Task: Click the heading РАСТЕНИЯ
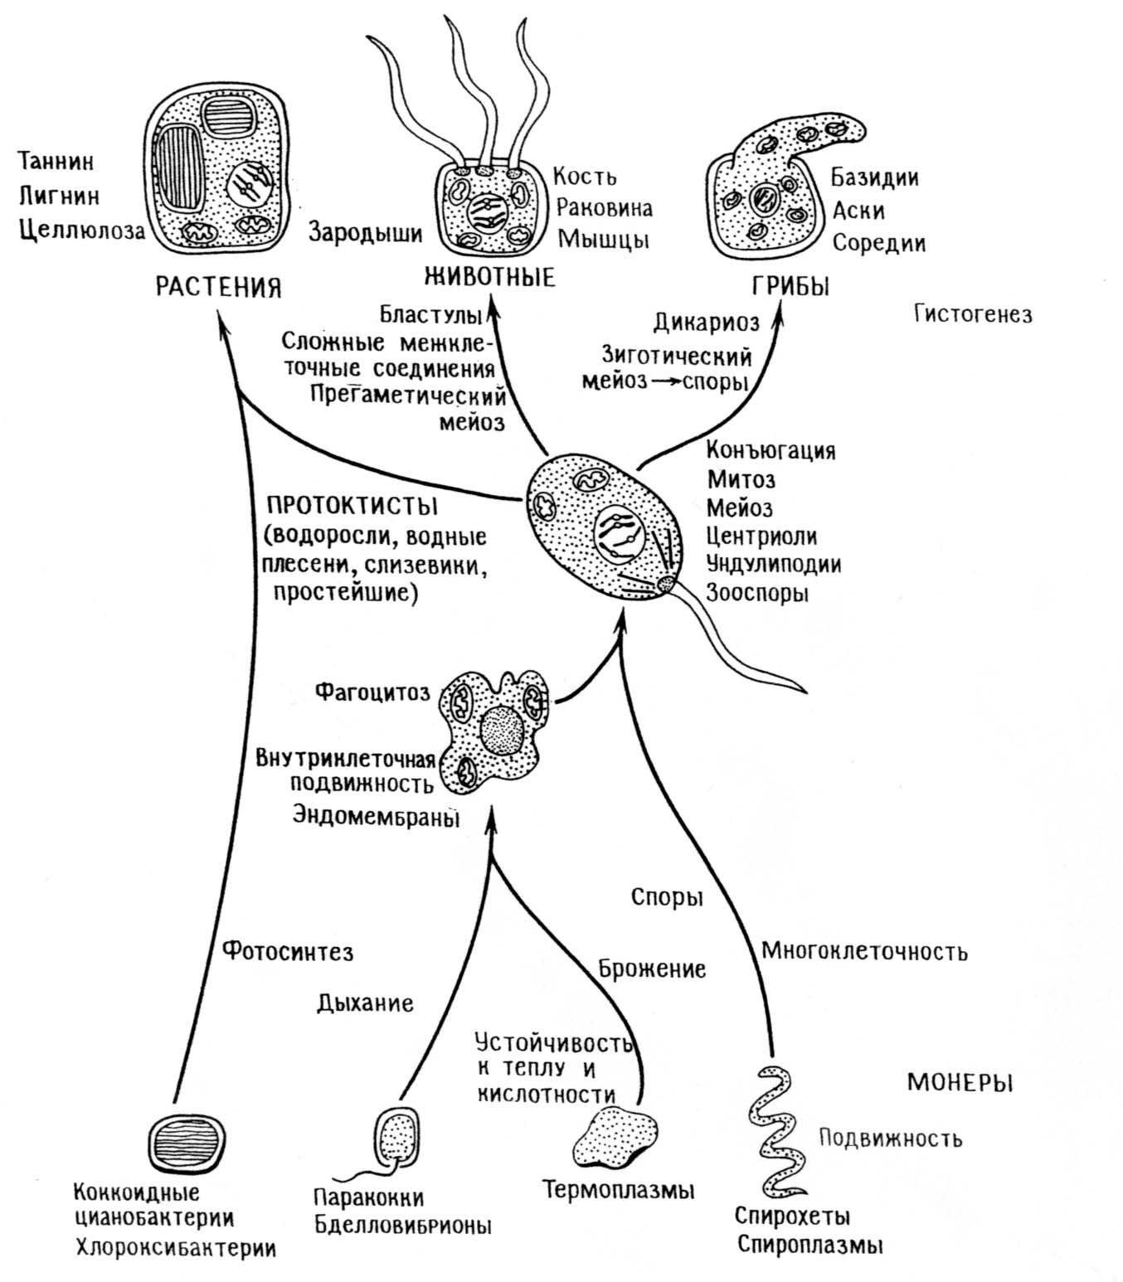219,287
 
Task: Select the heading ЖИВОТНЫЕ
489,276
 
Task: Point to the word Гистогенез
973,314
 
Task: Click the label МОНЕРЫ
960,1083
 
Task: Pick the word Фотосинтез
288,951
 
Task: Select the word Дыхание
365,1003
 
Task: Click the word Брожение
652,969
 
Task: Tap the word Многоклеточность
864,950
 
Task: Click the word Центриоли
761,536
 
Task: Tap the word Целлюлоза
81,231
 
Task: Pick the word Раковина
604,207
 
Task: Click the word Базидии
875,177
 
